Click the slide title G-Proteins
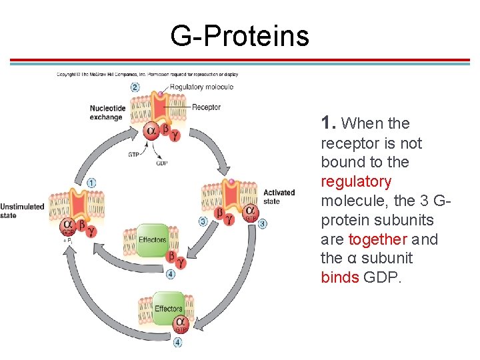coord(239,35)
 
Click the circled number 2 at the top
coord(135,87)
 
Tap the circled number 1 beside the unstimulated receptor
coord(91,183)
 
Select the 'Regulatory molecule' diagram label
coord(201,87)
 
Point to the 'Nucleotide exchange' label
coord(107,113)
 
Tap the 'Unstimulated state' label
coord(22,211)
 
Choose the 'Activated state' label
coord(279,197)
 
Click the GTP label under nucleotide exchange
coord(135,155)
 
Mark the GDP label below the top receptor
coord(161,163)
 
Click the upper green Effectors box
coord(152,240)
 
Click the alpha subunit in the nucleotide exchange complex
coord(151,131)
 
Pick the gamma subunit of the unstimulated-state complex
coord(91,231)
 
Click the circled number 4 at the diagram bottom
coord(177,343)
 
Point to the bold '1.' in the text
coord(328,123)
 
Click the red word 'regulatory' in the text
coord(356,181)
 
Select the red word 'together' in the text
coord(378,239)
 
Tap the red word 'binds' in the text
coord(340,277)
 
